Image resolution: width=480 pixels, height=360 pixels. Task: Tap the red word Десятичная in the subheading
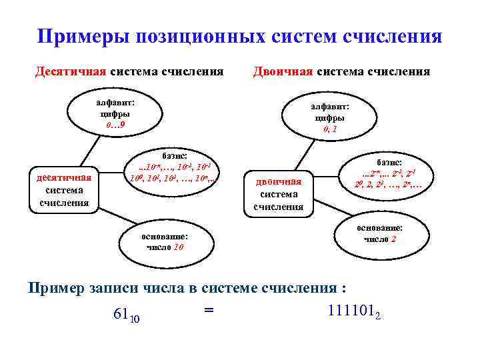coord(71,71)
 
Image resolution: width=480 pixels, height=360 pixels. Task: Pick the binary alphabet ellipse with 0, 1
coord(330,117)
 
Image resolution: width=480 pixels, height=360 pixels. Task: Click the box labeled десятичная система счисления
coord(63,189)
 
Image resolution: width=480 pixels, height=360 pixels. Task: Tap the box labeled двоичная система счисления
coord(278,193)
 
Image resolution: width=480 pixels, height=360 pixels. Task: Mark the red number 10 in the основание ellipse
coord(179,247)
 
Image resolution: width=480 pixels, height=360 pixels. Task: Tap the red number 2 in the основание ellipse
coord(394,239)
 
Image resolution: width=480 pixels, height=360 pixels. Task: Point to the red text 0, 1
coord(330,129)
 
